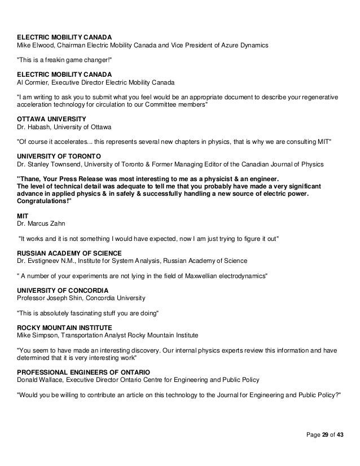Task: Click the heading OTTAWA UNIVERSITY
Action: (x=51, y=120)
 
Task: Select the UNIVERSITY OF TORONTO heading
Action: (x=56, y=155)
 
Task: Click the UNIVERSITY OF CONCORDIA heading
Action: (x=60, y=289)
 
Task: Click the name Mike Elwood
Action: (x=37, y=45)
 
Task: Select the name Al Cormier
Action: (x=33, y=81)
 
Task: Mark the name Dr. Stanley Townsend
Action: (x=53, y=164)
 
